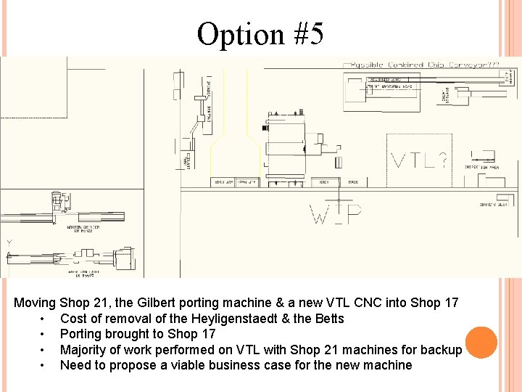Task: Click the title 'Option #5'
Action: pos(260,33)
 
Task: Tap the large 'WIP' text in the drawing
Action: pos(336,213)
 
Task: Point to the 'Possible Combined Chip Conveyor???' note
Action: pos(425,65)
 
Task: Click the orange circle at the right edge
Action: pos(481,343)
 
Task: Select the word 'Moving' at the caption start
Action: pos(35,303)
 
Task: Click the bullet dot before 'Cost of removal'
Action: pos(45,319)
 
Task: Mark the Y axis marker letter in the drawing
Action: pos(9,243)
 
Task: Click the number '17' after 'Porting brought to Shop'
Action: pos(207,334)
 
